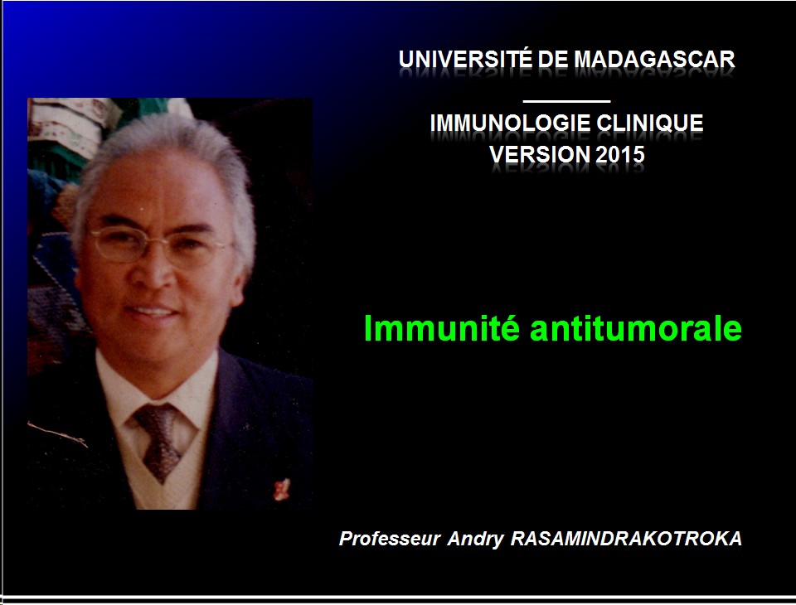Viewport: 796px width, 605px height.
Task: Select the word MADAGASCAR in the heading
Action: tap(654, 60)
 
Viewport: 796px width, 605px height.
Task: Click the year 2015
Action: tap(619, 154)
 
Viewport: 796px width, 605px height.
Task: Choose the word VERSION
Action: tap(540, 154)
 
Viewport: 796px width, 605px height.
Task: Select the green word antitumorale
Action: tap(636, 328)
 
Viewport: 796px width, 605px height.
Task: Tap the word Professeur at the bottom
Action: tap(389, 539)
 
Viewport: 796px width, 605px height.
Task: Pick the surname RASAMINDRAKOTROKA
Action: tap(626, 539)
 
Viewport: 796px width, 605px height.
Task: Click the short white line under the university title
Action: tap(566, 101)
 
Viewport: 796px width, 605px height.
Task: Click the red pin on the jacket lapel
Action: tap(281, 489)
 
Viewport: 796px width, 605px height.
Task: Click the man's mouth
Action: tap(151, 311)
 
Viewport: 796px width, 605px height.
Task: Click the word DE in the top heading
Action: tap(553, 60)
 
